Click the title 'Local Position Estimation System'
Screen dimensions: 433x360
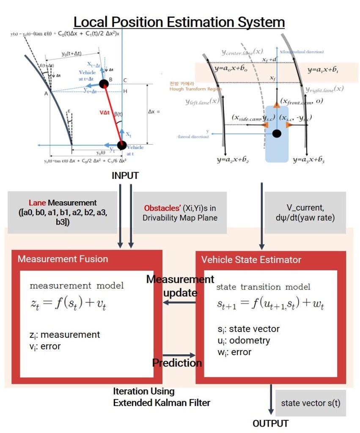(x=179, y=22)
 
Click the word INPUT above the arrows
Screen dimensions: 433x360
(x=125, y=176)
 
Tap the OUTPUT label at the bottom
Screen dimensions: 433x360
(x=270, y=423)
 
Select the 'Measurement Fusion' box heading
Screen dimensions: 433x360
(x=63, y=259)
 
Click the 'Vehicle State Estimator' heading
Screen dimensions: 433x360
(x=251, y=259)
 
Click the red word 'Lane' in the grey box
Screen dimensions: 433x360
(x=36, y=203)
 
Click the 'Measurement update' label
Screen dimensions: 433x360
(x=180, y=286)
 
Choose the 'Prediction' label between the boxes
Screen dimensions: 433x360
(x=177, y=363)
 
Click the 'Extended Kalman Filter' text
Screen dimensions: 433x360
(x=161, y=403)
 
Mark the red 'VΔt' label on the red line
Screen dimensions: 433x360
(x=103, y=113)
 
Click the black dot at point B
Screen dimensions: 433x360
(x=104, y=84)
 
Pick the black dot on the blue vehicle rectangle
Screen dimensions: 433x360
(x=277, y=134)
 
